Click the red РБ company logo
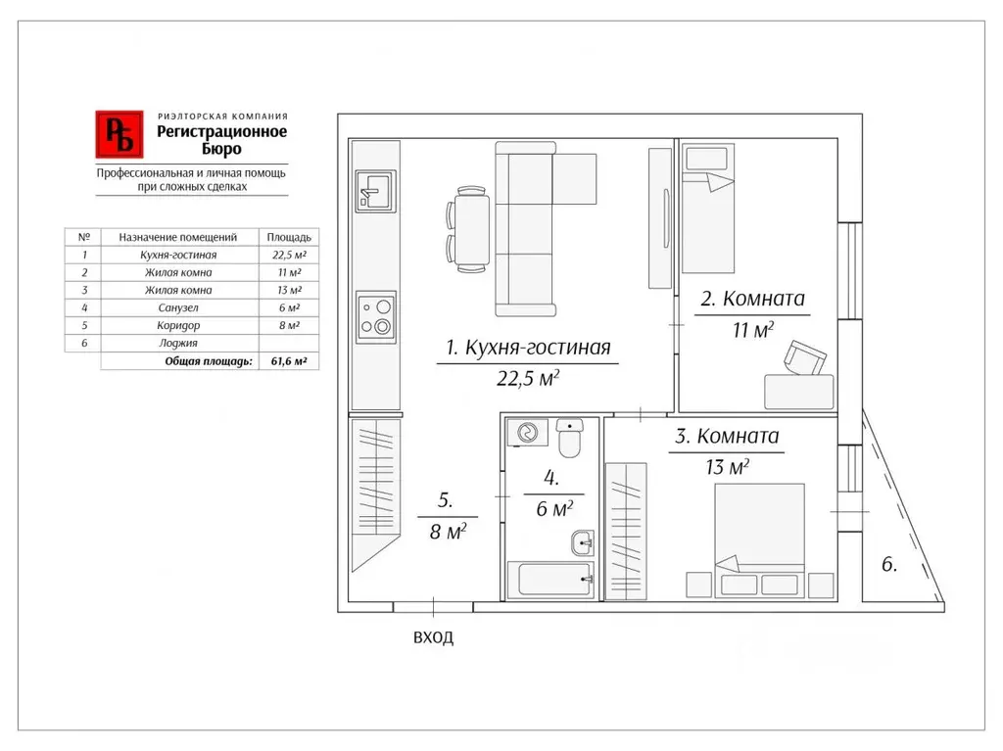point(119,134)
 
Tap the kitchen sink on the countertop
point(375,191)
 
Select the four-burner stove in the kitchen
point(376,316)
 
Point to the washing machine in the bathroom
point(527,433)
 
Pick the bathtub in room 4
point(550,580)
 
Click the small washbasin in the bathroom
point(583,543)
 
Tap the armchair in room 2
point(805,357)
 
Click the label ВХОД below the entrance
point(433,637)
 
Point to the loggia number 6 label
point(889,564)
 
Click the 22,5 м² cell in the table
point(289,255)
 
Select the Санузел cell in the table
point(178,307)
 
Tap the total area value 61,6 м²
point(289,361)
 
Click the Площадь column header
point(289,237)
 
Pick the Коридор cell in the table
point(178,326)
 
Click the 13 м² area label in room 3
point(728,467)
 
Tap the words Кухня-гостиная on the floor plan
point(538,348)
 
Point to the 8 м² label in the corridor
point(449,531)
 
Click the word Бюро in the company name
point(222,149)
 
